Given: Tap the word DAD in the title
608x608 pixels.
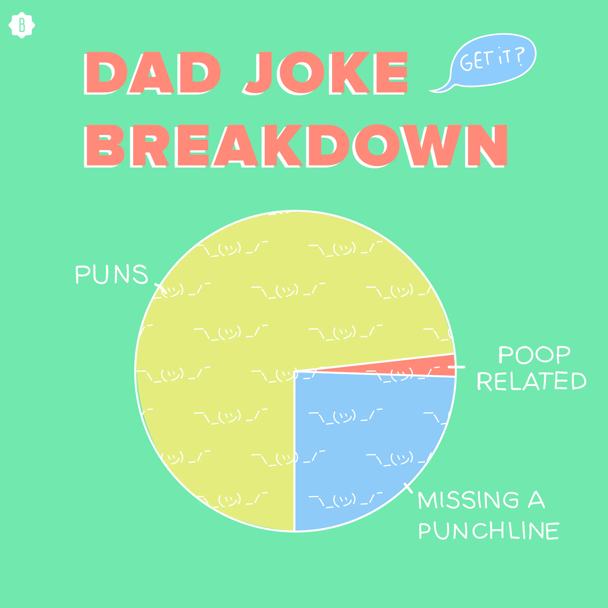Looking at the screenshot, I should pyautogui.click(x=153, y=73).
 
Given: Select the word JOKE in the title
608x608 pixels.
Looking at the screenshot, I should pyautogui.click(x=326, y=73).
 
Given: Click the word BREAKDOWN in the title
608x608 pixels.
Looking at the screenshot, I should pyautogui.click(x=296, y=145).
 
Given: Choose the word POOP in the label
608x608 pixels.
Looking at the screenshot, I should pyautogui.click(x=534, y=355).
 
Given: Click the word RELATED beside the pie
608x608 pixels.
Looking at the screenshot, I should pyautogui.click(x=532, y=381).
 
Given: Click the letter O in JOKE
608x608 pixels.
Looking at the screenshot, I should pyautogui.click(x=302, y=73).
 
